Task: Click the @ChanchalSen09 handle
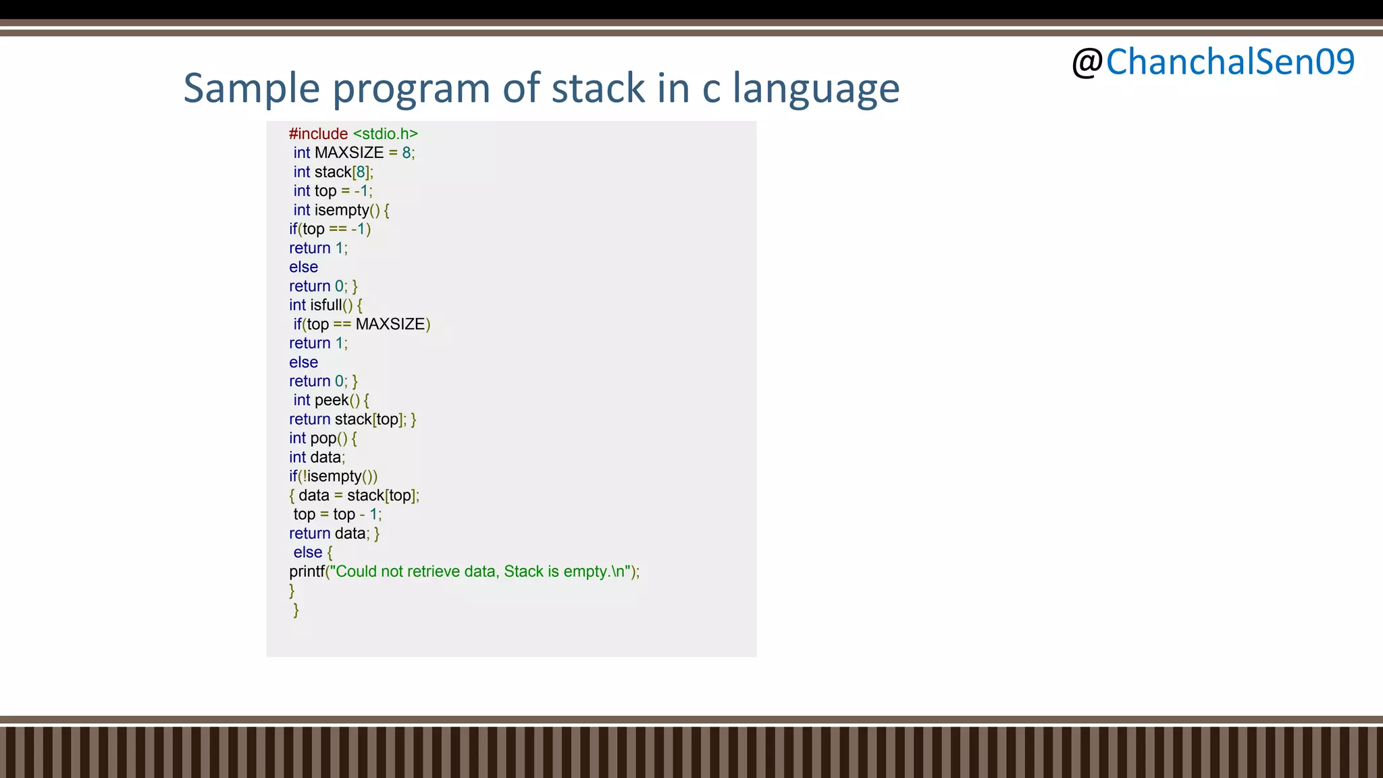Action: click(1213, 62)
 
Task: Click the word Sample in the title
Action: click(251, 88)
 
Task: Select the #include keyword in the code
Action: click(318, 134)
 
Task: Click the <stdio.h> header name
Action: click(386, 134)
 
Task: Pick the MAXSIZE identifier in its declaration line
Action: click(349, 153)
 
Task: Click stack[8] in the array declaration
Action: click(342, 172)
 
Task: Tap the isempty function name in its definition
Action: click(342, 210)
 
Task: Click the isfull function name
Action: click(326, 305)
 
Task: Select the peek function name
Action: click(332, 400)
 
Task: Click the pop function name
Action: click(323, 438)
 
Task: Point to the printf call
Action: click(307, 571)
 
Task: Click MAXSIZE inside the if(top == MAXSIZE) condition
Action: click(390, 324)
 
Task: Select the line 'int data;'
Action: click(317, 457)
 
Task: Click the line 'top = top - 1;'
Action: click(337, 515)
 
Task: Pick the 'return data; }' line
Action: click(334, 534)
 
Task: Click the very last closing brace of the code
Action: click(296, 610)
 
